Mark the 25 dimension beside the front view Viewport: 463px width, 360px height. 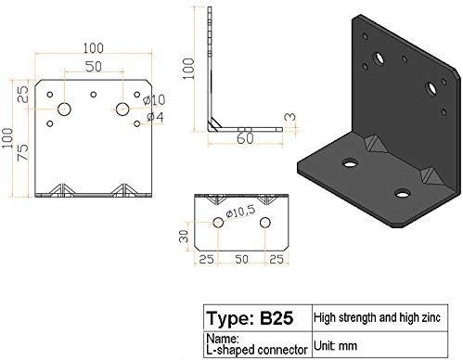pyautogui.click(x=24, y=96)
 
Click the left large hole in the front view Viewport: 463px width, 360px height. pyautogui.click(x=65, y=110)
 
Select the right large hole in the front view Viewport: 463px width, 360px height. pyautogui.click(x=122, y=109)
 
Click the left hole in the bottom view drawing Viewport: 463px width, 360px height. pyautogui.click(x=218, y=223)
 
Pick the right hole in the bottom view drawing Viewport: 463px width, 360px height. pyautogui.click(x=265, y=224)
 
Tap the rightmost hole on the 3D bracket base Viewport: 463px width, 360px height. pyautogui.click(x=402, y=193)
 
